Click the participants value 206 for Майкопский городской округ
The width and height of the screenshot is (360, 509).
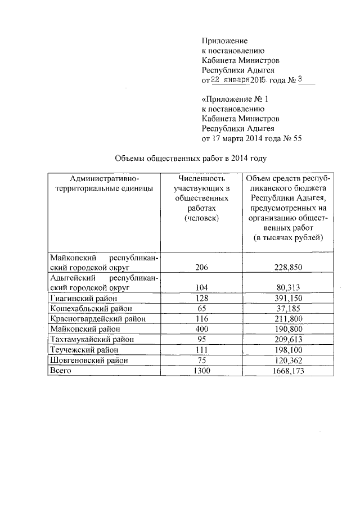click(x=201, y=268)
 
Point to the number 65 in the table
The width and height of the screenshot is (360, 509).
click(x=201, y=308)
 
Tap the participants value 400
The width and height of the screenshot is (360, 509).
click(x=201, y=329)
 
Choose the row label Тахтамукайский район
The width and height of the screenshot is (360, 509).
click(x=92, y=339)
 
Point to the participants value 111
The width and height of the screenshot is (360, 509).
click(x=201, y=350)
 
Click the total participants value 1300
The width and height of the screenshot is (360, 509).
click(x=201, y=370)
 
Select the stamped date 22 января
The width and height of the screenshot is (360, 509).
click(x=230, y=80)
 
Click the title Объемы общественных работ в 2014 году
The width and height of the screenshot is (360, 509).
click(x=186, y=159)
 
